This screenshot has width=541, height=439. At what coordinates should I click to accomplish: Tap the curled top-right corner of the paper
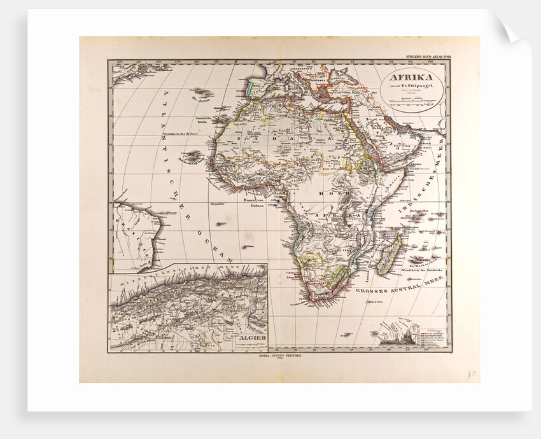[x=512, y=29]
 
